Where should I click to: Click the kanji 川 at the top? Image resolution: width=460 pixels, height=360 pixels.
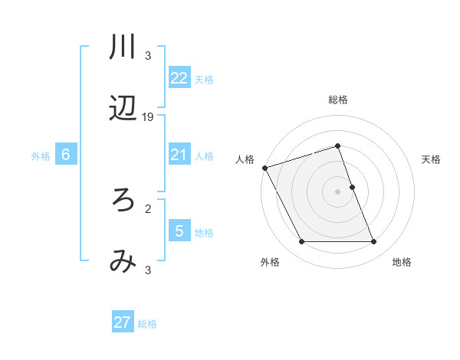click(123, 47)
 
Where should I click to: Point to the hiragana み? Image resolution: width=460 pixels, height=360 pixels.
click(123, 263)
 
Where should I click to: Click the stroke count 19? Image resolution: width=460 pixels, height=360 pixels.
click(148, 117)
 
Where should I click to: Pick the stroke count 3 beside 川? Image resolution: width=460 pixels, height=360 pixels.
click(148, 56)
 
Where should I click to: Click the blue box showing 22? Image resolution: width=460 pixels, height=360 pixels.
click(179, 78)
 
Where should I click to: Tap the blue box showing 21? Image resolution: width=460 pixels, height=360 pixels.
click(179, 155)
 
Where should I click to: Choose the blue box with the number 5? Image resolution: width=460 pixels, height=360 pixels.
click(179, 231)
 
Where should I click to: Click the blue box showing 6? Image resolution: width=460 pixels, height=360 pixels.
click(66, 155)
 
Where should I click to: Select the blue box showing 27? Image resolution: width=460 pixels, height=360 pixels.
click(123, 322)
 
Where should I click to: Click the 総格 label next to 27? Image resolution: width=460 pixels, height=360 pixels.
click(147, 324)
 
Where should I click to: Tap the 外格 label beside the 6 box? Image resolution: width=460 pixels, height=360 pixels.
click(41, 156)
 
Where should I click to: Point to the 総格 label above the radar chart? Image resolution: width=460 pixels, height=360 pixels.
click(338, 100)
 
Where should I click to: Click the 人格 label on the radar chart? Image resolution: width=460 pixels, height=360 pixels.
click(245, 160)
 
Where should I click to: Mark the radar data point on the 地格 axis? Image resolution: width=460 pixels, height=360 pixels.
click(374, 242)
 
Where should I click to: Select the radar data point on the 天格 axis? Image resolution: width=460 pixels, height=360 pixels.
click(352, 187)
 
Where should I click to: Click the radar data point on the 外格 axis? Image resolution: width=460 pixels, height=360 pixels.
click(301, 242)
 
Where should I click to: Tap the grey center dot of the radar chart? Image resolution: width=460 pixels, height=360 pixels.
click(338, 191)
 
